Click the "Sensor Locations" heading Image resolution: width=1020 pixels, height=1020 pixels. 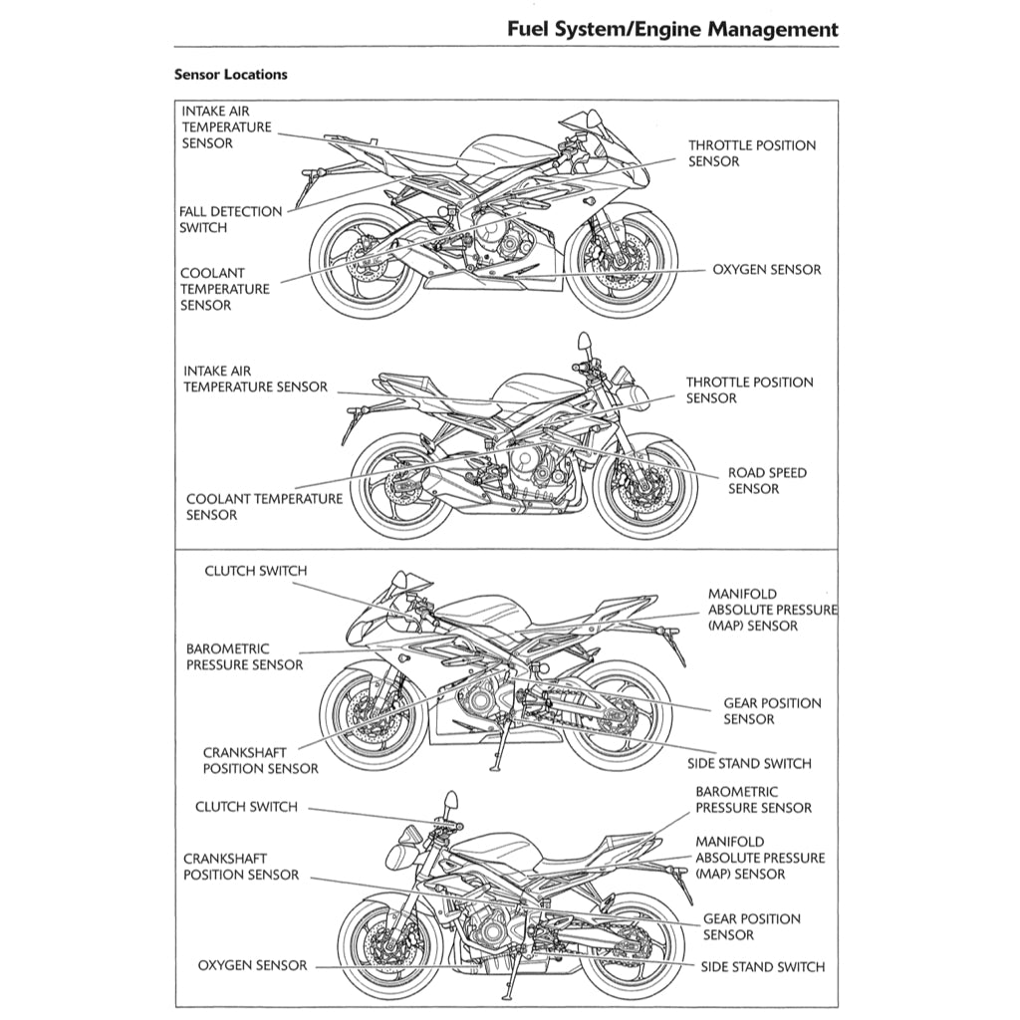[x=230, y=75]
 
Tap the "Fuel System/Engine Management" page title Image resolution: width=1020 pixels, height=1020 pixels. [x=672, y=29]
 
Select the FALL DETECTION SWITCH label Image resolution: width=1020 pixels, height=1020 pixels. [x=230, y=219]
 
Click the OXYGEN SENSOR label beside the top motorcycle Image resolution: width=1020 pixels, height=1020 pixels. [x=766, y=270]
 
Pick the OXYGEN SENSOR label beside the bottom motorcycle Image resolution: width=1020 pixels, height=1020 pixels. [x=252, y=965]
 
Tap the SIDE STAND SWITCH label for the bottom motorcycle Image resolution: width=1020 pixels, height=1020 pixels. [x=762, y=966]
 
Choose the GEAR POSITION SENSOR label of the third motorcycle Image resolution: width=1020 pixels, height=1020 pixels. [x=772, y=711]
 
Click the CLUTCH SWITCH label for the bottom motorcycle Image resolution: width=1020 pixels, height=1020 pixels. [x=246, y=807]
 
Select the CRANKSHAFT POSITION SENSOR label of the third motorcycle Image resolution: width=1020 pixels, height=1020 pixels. [x=260, y=761]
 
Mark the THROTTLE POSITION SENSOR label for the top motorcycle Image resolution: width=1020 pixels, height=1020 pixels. [x=751, y=153]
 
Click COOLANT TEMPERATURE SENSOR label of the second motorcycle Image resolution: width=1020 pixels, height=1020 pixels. [x=263, y=507]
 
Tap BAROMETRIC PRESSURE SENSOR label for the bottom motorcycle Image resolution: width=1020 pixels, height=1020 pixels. [x=753, y=800]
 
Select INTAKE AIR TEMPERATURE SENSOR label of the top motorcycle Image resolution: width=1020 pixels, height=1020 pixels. [x=226, y=127]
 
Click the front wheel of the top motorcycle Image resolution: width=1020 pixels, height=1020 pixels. [x=624, y=261]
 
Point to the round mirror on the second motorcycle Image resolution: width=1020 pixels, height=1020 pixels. [x=585, y=343]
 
